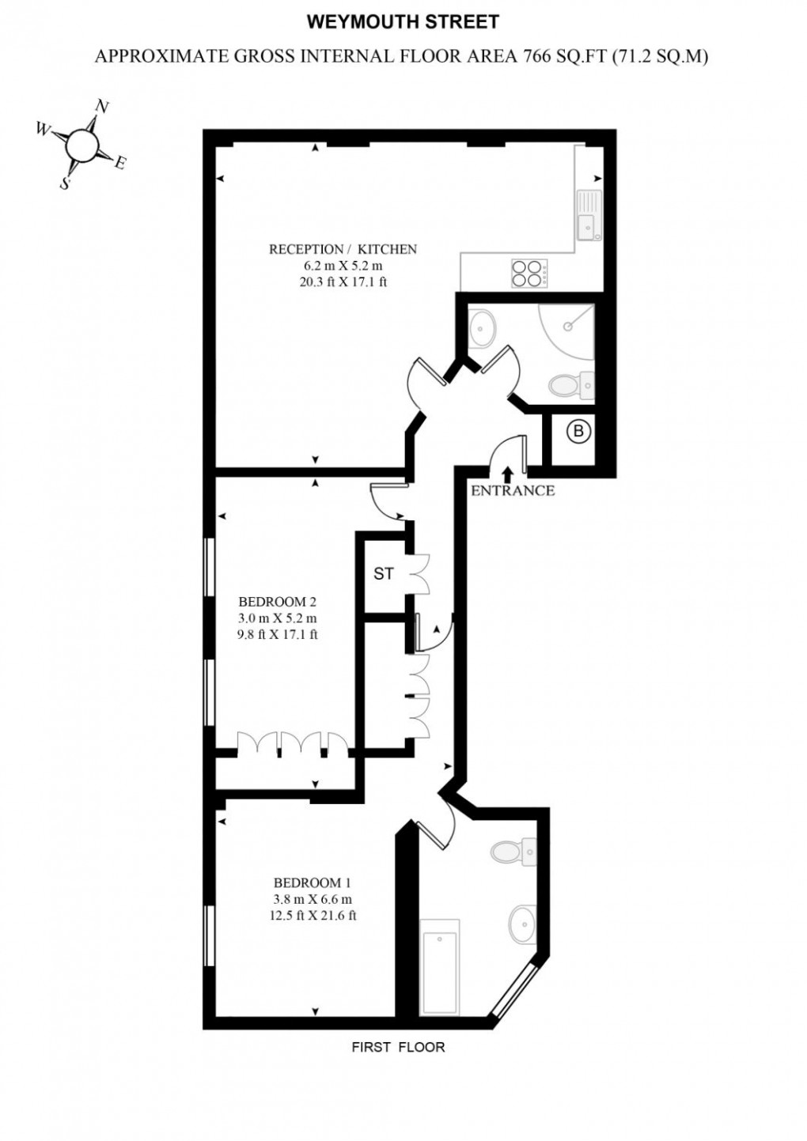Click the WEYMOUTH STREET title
(x=403, y=21)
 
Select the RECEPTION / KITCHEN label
(x=343, y=249)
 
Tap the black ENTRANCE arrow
(x=507, y=472)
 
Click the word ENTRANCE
(x=513, y=490)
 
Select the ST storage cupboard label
(x=384, y=574)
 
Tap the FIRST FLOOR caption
(x=398, y=1047)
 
